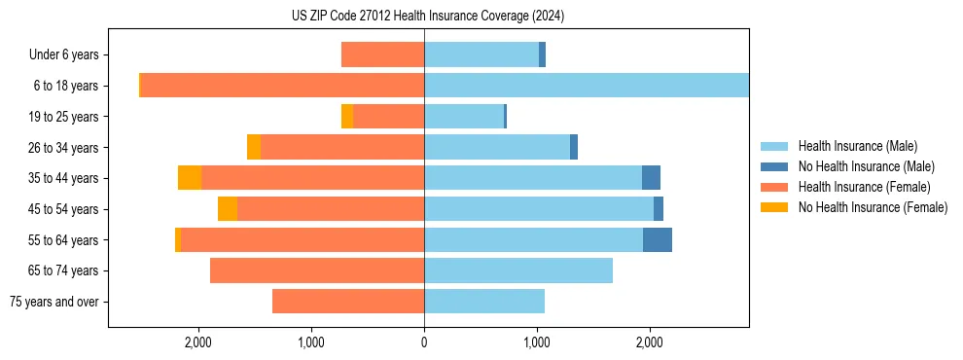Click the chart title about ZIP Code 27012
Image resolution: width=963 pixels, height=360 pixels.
pyautogui.click(x=428, y=17)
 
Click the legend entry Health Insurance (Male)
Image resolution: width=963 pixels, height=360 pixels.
pyautogui.click(x=857, y=146)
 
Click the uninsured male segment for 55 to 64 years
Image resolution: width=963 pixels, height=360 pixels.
pyautogui.click(x=658, y=239)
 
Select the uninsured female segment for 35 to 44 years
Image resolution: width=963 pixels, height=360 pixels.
pyautogui.click(x=190, y=178)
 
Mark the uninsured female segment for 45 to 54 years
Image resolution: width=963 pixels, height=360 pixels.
pyautogui.click(x=228, y=209)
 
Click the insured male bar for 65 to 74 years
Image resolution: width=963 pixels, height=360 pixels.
pyautogui.click(x=518, y=270)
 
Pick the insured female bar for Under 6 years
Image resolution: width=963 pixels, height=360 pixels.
pyautogui.click(x=382, y=55)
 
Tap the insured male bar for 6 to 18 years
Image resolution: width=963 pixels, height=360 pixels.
pyautogui.click(x=587, y=86)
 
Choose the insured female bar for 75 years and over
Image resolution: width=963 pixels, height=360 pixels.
pyautogui.click(x=348, y=302)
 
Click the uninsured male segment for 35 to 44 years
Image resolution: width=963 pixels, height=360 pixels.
pyautogui.click(x=652, y=178)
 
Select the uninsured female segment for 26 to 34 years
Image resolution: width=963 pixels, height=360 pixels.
pyautogui.click(x=254, y=147)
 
